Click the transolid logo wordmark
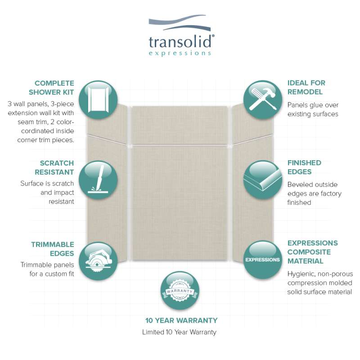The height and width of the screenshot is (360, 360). tap(181, 41)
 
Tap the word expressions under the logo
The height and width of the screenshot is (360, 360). tap(180, 53)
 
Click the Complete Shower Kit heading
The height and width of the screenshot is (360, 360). tap(51, 87)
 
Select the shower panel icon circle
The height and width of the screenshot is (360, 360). tap(98, 99)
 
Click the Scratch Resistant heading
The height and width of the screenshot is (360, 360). tap(54, 167)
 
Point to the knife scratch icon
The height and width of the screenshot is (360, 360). tap(98, 180)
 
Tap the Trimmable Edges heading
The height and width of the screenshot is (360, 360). tap(53, 249)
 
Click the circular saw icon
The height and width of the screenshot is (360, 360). tap(98, 261)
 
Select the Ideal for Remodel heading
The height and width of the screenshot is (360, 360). tap(306, 87)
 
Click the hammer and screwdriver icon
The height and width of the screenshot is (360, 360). tap(263, 99)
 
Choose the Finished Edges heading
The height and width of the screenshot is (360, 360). tap(304, 167)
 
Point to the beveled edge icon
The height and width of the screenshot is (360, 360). tap(263, 180)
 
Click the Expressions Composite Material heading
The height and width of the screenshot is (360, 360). tap(312, 252)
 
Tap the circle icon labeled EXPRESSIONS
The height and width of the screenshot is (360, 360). tap(263, 260)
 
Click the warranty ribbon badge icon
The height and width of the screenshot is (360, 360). tap(180, 291)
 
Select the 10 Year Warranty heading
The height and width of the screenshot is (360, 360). tap(181, 320)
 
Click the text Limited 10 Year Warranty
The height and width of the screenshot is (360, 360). tap(179, 332)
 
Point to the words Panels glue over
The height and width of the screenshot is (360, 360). tap(313, 105)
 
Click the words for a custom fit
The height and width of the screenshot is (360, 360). tap(52, 274)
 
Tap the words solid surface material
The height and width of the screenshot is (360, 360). tap(319, 292)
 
